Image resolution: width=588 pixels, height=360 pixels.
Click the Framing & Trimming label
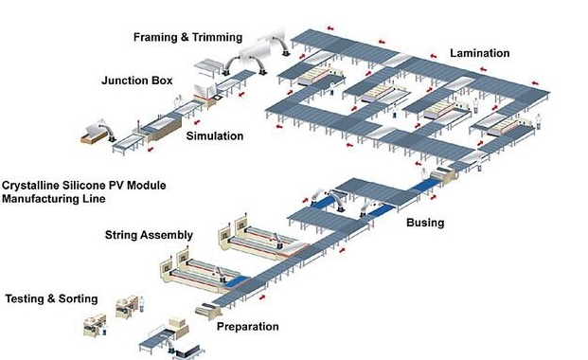pyautogui.click(x=187, y=37)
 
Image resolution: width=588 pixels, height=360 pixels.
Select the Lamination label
pyautogui.click(x=480, y=53)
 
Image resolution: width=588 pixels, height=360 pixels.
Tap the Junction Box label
pyautogui.click(x=137, y=81)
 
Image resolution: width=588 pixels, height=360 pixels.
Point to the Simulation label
pyautogui.click(x=215, y=135)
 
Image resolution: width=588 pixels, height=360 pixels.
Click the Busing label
pyautogui.click(x=425, y=223)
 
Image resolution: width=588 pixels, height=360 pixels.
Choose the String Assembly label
pyautogui.click(x=149, y=235)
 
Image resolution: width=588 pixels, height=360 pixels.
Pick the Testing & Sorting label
pyautogui.click(x=51, y=298)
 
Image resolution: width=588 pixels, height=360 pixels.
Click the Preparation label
pyautogui.click(x=248, y=326)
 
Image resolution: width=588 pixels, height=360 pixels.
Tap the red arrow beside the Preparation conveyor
pyautogui.click(x=262, y=297)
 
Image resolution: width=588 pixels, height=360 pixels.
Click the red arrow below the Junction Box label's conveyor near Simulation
pyautogui.click(x=196, y=122)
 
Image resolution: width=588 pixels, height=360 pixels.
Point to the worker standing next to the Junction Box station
pyautogui.click(x=178, y=101)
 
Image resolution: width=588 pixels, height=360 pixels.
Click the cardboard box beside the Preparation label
pyautogui.click(x=178, y=322)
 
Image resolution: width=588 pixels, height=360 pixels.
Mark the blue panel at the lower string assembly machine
pyautogui.click(x=237, y=281)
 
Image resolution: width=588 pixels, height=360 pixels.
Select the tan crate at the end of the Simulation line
pyautogui.click(x=94, y=135)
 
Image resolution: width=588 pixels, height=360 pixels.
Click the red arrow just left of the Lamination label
pyautogui.click(x=433, y=56)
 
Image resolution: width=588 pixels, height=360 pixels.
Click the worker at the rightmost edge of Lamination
pyautogui.click(x=539, y=121)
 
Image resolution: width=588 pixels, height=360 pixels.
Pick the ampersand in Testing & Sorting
pyautogui.click(x=51, y=298)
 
